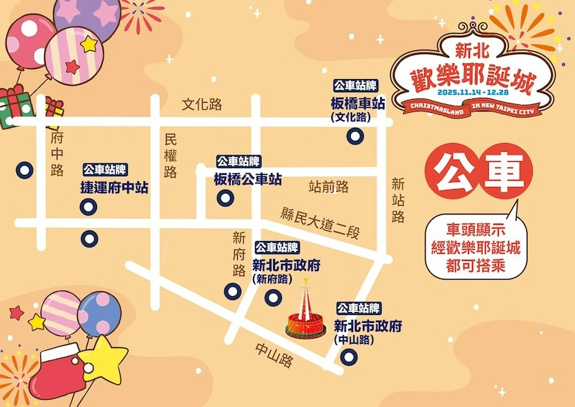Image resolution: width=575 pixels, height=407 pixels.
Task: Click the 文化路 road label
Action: click(202, 104)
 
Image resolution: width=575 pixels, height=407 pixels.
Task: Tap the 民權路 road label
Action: click(170, 155)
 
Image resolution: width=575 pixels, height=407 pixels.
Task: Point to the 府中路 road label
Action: click(57, 152)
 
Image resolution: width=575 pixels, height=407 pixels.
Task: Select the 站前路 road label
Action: click(328, 187)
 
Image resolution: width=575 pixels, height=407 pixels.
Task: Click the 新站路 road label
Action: click(398, 200)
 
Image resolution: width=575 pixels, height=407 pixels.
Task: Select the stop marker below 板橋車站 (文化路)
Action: click(354, 136)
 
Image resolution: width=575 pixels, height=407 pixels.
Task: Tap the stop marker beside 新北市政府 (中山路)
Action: click(349, 356)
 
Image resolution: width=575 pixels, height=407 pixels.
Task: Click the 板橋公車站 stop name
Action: click(247, 180)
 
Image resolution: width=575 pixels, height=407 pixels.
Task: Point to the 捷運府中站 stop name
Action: click(114, 188)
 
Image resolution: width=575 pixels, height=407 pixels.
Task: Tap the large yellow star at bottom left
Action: click(102, 360)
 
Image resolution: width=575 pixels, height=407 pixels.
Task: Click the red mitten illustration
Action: click(63, 371)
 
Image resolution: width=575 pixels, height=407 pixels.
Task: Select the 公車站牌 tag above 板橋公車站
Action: click(239, 162)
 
